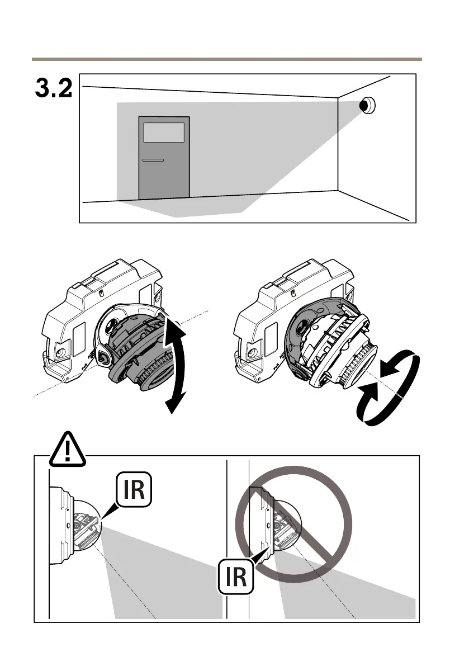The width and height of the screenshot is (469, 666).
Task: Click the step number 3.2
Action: coord(54,88)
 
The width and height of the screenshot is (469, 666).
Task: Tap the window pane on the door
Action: coord(164,133)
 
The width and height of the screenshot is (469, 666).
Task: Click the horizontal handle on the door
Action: coord(153,160)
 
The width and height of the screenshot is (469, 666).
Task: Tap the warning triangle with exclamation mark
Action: coord(68,450)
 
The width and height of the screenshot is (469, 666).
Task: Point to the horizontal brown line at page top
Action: coord(226,58)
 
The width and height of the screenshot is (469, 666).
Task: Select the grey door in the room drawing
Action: coord(164,168)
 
